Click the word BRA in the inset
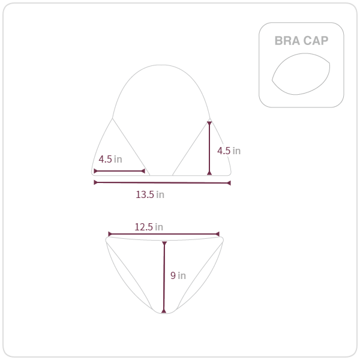click(287, 41)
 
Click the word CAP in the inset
click(316, 41)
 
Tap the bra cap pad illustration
click(301, 74)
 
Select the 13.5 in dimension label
click(150, 194)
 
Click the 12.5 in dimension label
click(149, 227)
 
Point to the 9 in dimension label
click(178, 275)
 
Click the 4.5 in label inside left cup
click(110, 159)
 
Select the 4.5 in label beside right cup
click(229, 151)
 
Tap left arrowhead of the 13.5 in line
click(95, 182)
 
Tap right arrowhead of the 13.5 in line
click(229, 183)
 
